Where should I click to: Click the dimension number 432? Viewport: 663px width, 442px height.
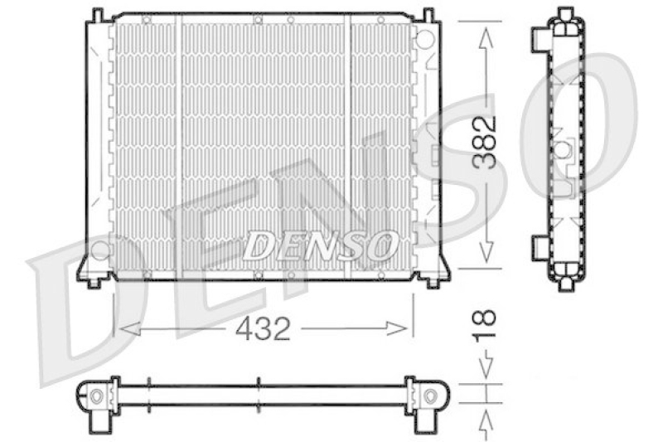click(x=263, y=328)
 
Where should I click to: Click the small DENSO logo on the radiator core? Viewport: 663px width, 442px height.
click(x=321, y=245)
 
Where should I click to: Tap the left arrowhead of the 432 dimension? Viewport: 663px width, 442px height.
click(x=130, y=328)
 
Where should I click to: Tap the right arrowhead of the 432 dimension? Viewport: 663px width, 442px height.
click(x=397, y=328)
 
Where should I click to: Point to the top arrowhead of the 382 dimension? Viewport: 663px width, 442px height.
click(x=486, y=38)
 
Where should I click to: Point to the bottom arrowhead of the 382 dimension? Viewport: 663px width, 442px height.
click(x=486, y=251)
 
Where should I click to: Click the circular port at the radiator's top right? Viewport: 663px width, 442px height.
click(x=424, y=38)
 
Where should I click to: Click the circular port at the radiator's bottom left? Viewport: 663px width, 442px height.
click(x=99, y=250)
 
